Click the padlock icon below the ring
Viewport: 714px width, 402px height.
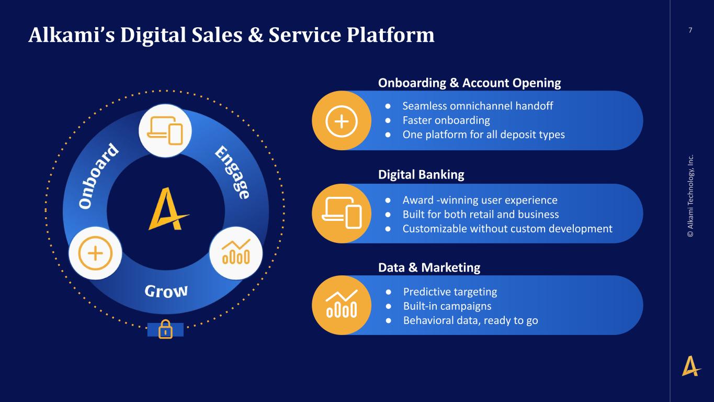coord(165,329)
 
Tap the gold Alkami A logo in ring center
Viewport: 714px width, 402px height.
coord(168,209)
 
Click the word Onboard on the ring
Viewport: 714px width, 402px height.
coord(99,176)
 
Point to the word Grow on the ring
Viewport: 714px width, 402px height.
coord(166,291)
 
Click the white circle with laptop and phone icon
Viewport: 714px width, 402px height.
coord(165,131)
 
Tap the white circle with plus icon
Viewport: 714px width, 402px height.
coord(95,253)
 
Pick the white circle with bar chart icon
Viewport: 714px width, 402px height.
coord(236,253)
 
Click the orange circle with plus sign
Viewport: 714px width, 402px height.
coord(342,120)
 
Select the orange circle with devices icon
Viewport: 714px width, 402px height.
coord(342,214)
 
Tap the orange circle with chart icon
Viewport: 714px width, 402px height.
coord(342,305)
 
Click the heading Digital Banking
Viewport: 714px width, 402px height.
coord(421,174)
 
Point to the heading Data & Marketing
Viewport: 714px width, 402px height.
coord(429,267)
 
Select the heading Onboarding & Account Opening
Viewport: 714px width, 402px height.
coord(470,83)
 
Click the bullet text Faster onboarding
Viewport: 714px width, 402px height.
coord(446,120)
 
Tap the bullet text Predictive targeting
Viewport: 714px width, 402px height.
coord(450,292)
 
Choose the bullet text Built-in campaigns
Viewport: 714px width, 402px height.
coord(447,306)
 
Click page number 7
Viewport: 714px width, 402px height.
coord(690,30)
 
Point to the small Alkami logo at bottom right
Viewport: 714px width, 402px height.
coord(691,366)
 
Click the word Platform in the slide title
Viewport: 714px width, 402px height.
coord(390,35)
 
